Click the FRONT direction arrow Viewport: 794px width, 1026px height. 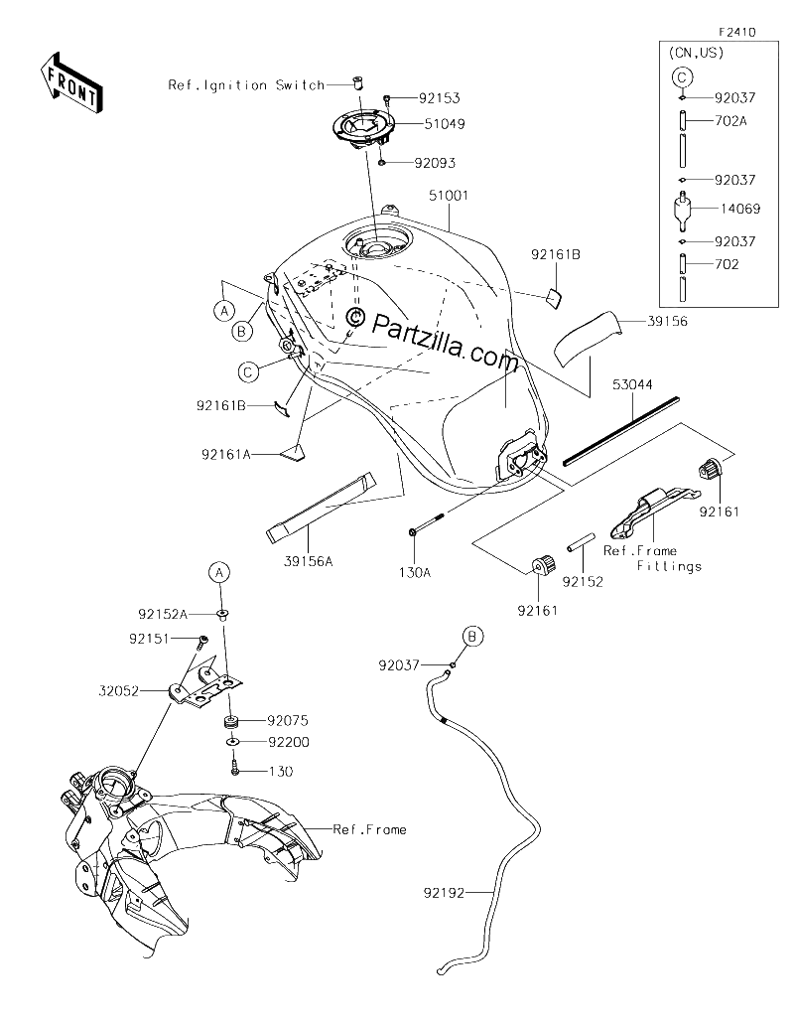click(71, 81)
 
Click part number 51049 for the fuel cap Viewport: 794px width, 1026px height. click(445, 124)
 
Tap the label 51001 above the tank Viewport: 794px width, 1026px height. click(449, 196)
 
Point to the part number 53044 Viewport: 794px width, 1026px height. click(632, 384)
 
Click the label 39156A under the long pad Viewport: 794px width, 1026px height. click(309, 561)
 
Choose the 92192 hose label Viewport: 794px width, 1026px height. click(444, 892)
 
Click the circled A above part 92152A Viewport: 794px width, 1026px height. click(219, 572)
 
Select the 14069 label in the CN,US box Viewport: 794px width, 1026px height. click(740, 209)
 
